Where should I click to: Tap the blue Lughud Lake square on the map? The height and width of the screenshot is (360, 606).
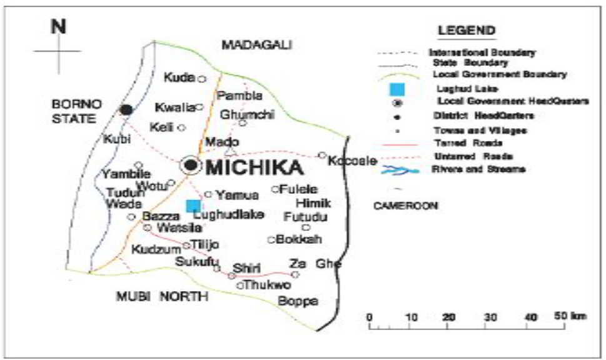[193, 206]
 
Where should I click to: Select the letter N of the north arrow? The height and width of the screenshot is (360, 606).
[58, 27]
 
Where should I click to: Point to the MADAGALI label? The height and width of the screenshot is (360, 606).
[258, 45]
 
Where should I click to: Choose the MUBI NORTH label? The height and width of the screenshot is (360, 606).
[161, 296]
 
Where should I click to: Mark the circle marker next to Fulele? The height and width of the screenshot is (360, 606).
[274, 189]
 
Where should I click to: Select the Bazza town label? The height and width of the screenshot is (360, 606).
[156, 216]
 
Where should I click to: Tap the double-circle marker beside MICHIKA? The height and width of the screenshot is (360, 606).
[190, 166]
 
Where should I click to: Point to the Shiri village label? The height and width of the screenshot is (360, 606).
[246, 267]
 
